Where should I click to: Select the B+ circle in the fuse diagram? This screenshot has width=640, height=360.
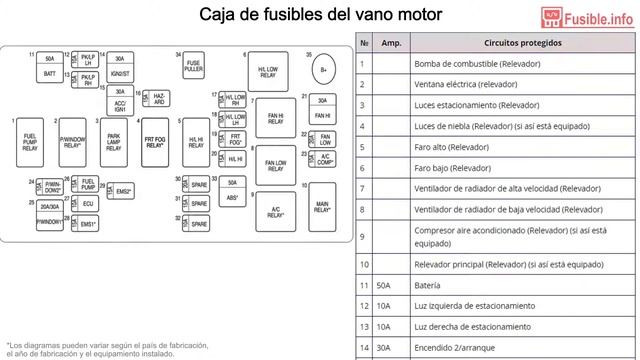[x=324, y=70]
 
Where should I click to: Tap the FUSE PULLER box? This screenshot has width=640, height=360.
[x=194, y=65]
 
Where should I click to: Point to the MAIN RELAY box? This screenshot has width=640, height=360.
[x=322, y=207]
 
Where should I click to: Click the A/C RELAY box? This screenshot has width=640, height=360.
[x=275, y=211]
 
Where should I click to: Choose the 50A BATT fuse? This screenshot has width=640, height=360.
[x=50, y=66]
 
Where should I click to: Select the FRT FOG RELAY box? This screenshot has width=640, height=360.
[x=154, y=142]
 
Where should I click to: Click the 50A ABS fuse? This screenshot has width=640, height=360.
[x=231, y=190]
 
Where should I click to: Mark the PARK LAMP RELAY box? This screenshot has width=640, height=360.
[x=114, y=142]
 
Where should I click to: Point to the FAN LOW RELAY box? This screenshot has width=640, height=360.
[x=275, y=166]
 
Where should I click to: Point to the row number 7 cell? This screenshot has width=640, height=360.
[x=364, y=189]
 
